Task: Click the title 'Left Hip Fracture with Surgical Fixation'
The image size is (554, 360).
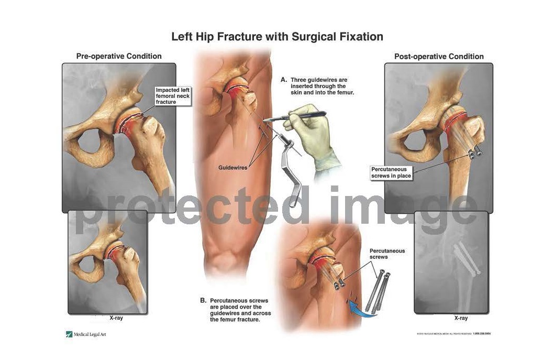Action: click(x=277, y=37)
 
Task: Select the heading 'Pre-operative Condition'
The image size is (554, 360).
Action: click(x=119, y=56)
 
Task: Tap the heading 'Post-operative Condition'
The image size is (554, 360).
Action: click(x=439, y=57)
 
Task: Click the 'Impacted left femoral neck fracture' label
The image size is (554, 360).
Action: click(x=173, y=96)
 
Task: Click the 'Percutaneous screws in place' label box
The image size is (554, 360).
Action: click(x=391, y=173)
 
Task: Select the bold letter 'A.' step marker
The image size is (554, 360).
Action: click(x=284, y=80)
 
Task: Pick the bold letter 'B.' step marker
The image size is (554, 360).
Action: click(x=203, y=301)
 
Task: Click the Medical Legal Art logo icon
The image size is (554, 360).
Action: click(x=69, y=334)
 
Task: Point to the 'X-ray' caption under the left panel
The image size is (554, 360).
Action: click(x=116, y=318)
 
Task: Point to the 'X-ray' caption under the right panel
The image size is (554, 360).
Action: click(x=461, y=318)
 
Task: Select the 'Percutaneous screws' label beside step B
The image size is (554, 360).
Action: click(x=387, y=254)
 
